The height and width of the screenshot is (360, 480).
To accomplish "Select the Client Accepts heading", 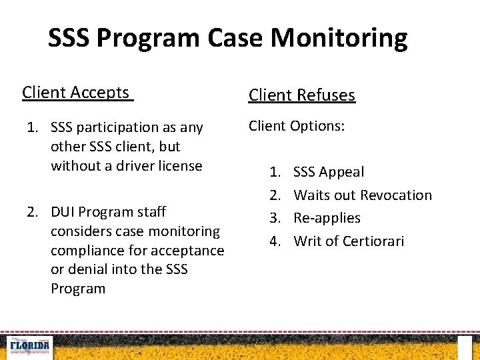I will (76, 93).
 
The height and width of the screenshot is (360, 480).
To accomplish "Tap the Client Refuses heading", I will (302, 95).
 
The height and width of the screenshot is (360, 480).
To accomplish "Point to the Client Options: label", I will (297, 126).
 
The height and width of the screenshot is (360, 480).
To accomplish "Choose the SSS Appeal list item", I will (329, 172).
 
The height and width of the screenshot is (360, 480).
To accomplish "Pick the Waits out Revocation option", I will (363, 195).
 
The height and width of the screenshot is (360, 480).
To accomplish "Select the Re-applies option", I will (327, 218).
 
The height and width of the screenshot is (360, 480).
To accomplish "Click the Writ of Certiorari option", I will (349, 241).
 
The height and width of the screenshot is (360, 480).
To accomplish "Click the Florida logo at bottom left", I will (27, 347).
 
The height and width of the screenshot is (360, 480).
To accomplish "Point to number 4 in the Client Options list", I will (275, 241).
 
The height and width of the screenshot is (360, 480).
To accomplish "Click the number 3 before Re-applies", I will (275, 218).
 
